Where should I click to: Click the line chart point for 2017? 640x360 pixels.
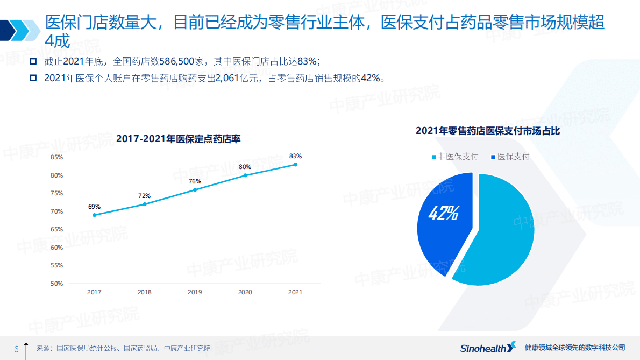coord(94,215)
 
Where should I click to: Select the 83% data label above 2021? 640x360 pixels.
coord(295,156)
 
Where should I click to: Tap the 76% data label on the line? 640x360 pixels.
coord(195,181)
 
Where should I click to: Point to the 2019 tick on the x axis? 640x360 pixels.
coord(195,292)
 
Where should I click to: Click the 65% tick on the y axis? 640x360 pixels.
coord(56,229)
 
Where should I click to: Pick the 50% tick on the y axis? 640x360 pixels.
coord(56,284)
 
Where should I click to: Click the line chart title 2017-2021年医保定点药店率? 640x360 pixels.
coord(178,139)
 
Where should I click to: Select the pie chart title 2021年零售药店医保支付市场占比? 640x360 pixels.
coord(488,131)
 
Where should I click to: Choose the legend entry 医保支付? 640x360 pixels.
coord(510,157)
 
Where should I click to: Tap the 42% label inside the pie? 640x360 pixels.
coord(443,214)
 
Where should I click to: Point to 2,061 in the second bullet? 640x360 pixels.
coord(226,78)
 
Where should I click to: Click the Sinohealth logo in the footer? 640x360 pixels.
coord(487,348)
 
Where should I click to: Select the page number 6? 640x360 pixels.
coord(16,349)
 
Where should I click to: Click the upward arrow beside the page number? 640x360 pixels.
coord(26,348)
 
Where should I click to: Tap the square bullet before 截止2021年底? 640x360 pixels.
coord(33,60)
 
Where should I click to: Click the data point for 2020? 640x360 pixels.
coord(245,175)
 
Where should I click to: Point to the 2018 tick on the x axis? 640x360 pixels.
coord(144,292)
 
